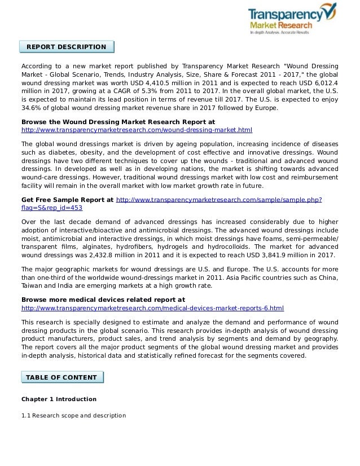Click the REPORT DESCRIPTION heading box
[67, 47]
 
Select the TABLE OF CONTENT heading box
[62, 377]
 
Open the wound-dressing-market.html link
[136, 130]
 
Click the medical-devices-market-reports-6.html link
[152, 309]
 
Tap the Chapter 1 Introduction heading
[59, 399]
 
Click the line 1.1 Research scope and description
[73, 416]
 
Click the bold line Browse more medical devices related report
[103, 300]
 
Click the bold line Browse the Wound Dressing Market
[117, 121]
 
